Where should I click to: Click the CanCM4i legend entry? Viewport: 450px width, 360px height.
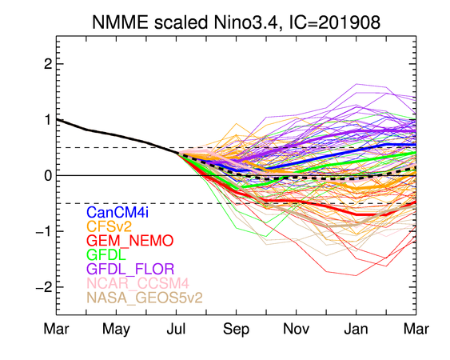(117, 212)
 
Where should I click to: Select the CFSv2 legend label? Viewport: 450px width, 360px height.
(109, 226)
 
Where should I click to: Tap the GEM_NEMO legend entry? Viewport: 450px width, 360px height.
(130, 241)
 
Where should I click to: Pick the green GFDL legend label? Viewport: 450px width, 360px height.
(106, 254)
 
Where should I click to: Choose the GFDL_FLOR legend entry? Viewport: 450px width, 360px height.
(130, 269)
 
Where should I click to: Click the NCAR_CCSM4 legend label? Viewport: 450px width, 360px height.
(137, 283)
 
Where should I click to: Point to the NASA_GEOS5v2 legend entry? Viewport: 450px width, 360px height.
(145, 297)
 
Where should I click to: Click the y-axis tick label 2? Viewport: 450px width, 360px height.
(48, 64)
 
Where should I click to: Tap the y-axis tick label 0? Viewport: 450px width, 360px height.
(48, 175)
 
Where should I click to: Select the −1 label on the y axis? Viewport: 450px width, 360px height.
(44, 231)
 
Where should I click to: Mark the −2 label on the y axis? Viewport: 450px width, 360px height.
(44, 287)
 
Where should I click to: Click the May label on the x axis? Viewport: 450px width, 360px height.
(116, 330)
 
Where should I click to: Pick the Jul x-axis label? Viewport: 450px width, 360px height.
(176, 329)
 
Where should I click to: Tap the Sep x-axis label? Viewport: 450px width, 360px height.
(237, 330)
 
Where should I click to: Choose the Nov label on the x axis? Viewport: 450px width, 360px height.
(297, 329)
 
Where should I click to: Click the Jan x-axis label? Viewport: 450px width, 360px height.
(356, 329)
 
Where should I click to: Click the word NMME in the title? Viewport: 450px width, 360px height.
(120, 22)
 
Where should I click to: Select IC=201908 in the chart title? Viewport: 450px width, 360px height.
(335, 22)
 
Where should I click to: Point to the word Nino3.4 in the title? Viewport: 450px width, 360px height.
(245, 22)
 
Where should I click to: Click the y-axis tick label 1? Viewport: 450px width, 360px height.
(48, 120)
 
